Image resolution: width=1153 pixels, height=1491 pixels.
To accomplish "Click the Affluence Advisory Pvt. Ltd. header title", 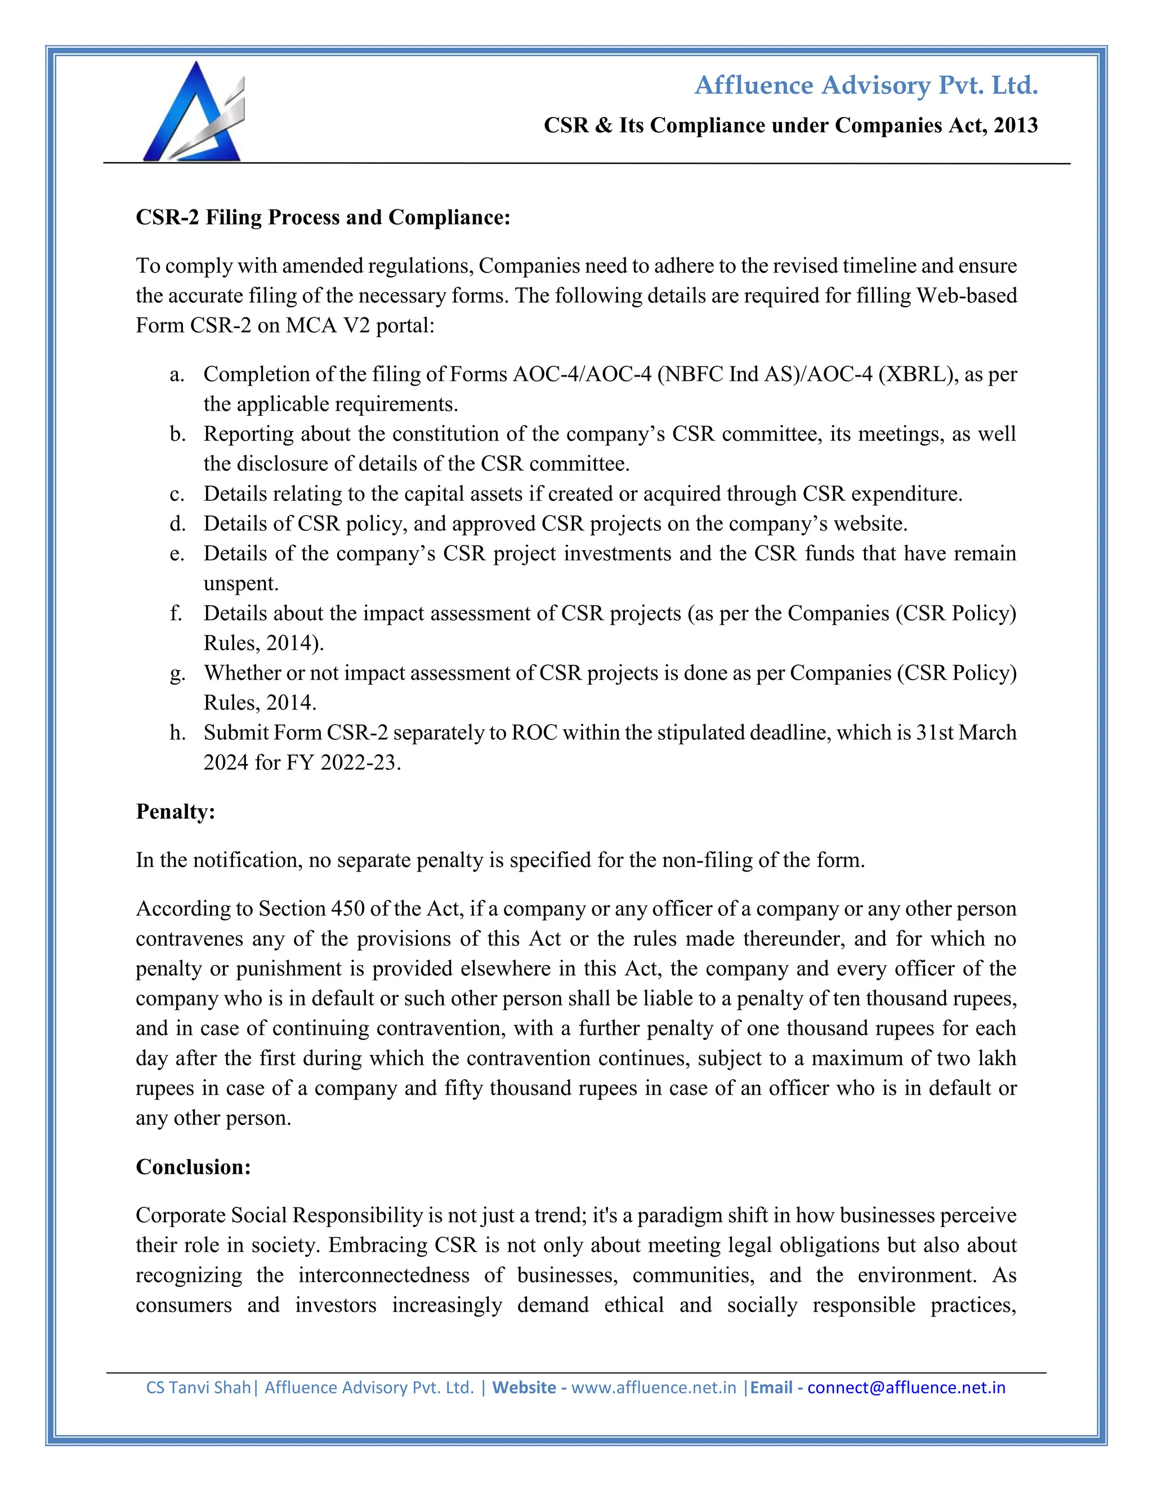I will click(x=865, y=86).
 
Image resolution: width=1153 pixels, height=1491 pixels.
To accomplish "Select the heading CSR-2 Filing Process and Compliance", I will click(x=323, y=217).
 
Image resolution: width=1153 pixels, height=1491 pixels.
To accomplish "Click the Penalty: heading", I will click(x=176, y=812).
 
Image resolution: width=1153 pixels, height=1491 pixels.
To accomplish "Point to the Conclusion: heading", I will click(x=193, y=1167).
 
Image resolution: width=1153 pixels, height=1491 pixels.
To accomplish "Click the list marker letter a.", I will click(x=176, y=375).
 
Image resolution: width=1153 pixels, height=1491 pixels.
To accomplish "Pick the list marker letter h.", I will click(x=177, y=733).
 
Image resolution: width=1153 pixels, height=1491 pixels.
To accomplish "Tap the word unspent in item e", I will click(x=240, y=583).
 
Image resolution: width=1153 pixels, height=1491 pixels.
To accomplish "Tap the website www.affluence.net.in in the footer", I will click(x=653, y=1388).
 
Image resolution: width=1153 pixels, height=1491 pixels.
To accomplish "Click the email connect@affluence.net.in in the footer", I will click(x=906, y=1388).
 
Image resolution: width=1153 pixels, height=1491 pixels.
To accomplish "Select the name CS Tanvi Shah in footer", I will click(x=198, y=1388).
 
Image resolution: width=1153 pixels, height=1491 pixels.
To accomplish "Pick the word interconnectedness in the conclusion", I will click(x=383, y=1276).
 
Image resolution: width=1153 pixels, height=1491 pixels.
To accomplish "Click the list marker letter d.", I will click(x=177, y=524).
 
